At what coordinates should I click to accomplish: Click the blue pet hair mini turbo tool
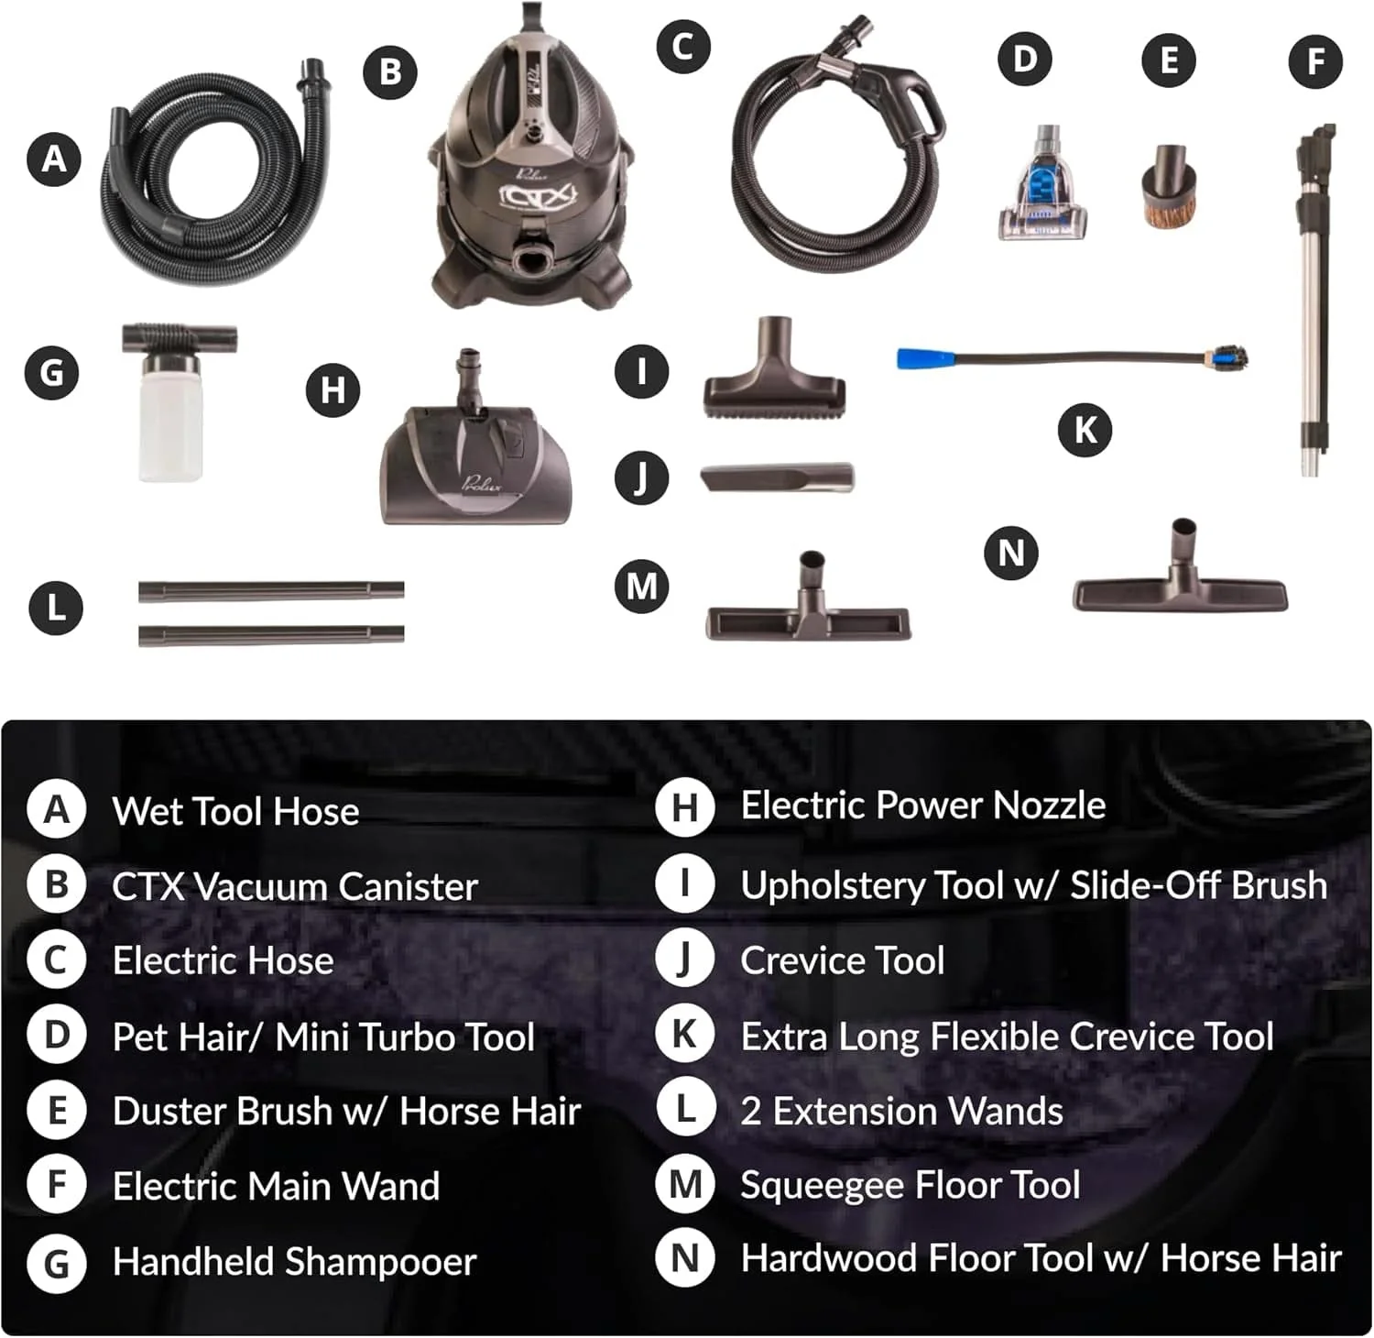click(x=1042, y=188)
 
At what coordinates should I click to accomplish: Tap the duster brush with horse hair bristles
click(x=1168, y=188)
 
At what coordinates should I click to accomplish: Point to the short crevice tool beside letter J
click(x=777, y=477)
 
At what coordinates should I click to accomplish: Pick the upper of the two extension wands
click(x=271, y=591)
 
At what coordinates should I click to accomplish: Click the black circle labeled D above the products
click(x=1025, y=60)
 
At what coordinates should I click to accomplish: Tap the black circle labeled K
click(x=1085, y=429)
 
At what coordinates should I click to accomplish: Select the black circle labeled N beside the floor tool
click(x=1010, y=553)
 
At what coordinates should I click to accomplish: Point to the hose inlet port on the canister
click(x=532, y=259)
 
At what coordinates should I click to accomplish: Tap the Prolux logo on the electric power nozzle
click(x=482, y=483)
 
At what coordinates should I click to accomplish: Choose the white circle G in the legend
click(x=57, y=1264)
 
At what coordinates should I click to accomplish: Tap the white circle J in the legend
click(x=684, y=960)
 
